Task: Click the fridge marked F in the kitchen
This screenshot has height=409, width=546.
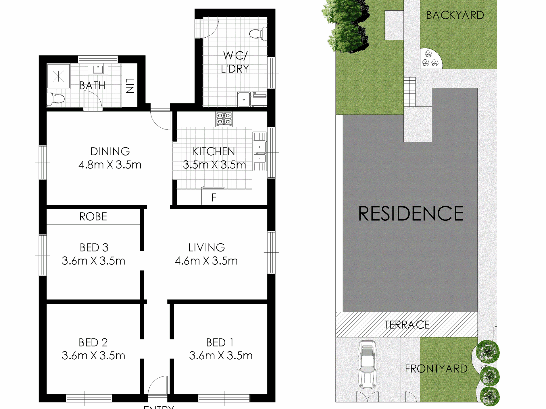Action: [213, 197]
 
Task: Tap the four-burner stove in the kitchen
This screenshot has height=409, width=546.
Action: [224, 119]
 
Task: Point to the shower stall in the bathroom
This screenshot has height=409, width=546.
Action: [58, 76]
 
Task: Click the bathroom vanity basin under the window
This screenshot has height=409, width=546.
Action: [98, 69]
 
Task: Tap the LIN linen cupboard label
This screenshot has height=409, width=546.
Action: [130, 86]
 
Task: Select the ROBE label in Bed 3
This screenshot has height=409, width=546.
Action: [93, 216]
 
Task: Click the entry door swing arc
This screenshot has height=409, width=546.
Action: [157, 385]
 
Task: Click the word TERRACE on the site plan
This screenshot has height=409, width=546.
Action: [407, 325]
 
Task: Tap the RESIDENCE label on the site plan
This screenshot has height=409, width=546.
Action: [411, 214]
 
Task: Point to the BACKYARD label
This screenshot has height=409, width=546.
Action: [455, 15]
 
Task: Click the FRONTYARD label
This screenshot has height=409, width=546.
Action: [436, 369]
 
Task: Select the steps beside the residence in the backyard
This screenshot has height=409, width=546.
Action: [410, 92]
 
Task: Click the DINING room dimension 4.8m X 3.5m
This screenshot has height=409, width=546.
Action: [110, 165]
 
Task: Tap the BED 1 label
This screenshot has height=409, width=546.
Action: [220, 342]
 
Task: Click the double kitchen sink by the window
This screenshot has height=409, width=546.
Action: [259, 152]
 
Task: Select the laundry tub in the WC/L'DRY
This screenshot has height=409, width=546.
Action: [244, 99]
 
